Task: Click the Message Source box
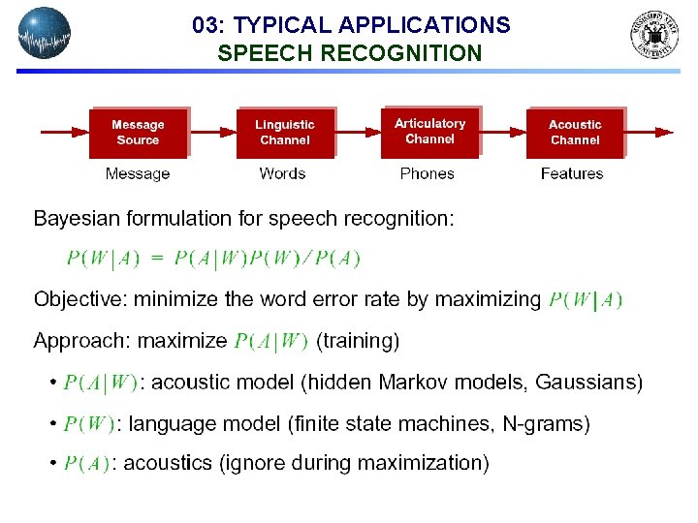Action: tap(138, 133)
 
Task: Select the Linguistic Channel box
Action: tap(284, 133)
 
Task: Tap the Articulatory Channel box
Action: tap(430, 132)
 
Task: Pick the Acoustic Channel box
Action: tap(575, 133)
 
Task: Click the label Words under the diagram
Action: tap(282, 174)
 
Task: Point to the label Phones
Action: tap(427, 174)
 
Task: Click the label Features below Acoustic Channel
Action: tap(572, 174)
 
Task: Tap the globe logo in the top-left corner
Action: tap(45, 33)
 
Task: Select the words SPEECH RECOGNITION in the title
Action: tap(349, 54)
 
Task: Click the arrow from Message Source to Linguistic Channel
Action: tap(211, 132)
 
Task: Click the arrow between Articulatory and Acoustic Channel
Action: tap(503, 132)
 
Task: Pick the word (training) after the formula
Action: tap(358, 341)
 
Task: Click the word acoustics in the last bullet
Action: tap(170, 463)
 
